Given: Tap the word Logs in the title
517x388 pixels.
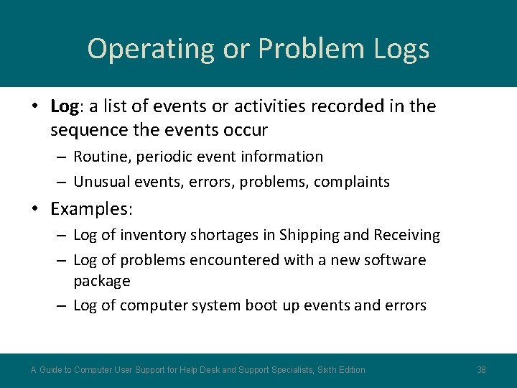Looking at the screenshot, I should point(401,49).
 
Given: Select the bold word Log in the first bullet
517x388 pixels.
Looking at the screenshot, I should point(64,106).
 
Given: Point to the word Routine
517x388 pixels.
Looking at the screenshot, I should point(101,157).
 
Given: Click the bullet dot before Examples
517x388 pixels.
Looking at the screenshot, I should point(35,209).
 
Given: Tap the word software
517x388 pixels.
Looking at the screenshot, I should point(396,259).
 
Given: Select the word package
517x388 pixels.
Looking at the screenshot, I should point(101,280).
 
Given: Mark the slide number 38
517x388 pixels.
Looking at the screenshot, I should point(481,370).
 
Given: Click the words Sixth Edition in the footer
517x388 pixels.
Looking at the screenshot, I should point(340,370).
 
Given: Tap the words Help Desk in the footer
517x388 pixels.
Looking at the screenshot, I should point(198,370).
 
